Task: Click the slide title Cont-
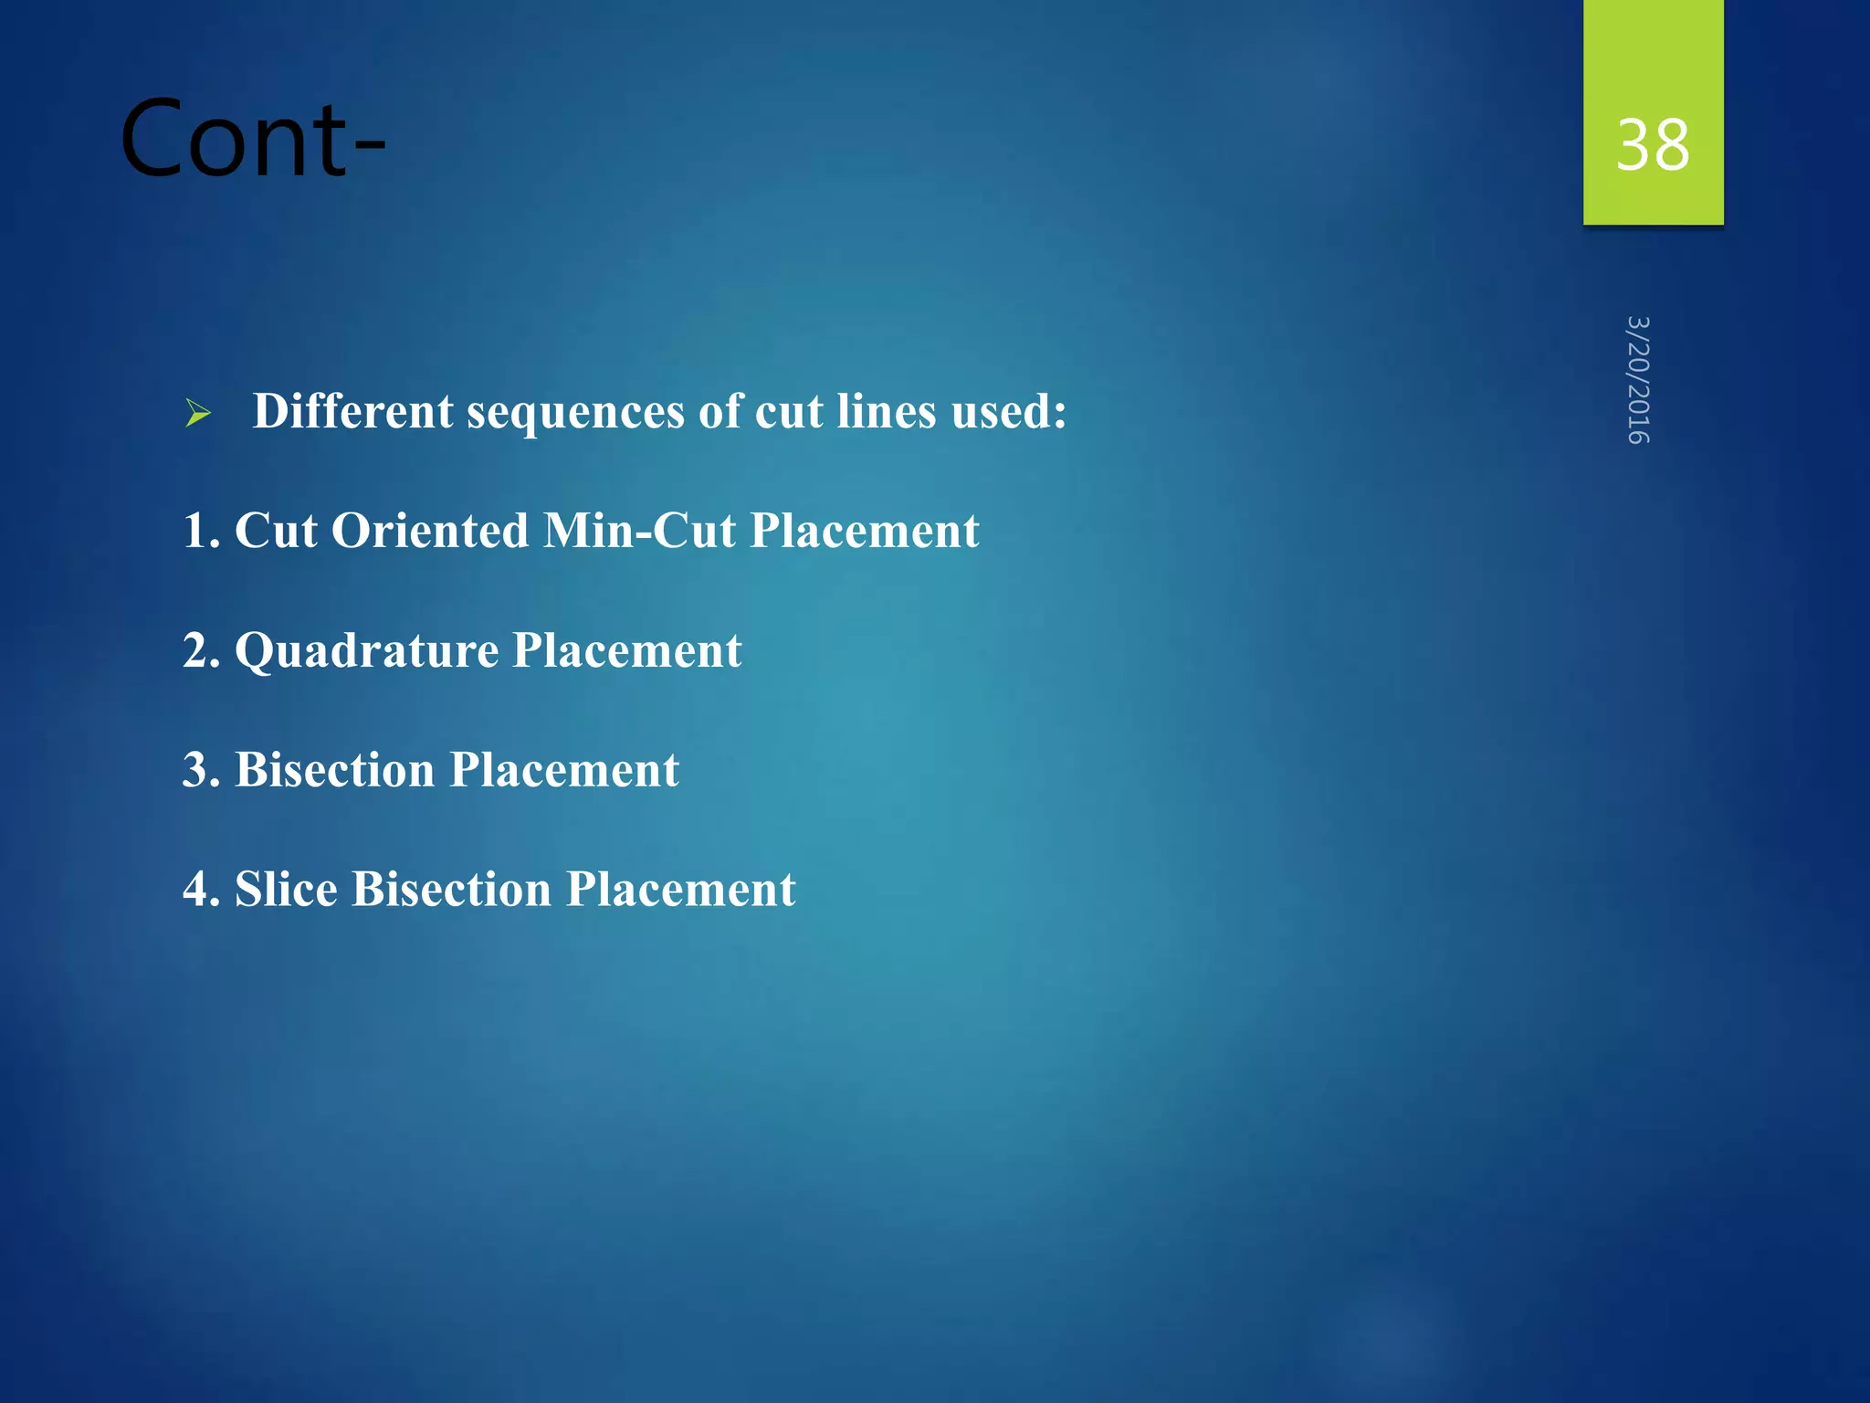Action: (x=253, y=139)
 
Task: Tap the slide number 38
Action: (x=1652, y=145)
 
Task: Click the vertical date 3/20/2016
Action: (x=1638, y=380)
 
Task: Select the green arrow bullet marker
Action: (x=198, y=414)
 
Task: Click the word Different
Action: (x=352, y=411)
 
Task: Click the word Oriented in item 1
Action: (x=429, y=531)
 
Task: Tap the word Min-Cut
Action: (x=639, y=531)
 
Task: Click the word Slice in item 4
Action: (x=286, y=889)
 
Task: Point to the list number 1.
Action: (x=199, y=531)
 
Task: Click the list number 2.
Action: (x=200, y=650)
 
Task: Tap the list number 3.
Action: (x=200, y=770)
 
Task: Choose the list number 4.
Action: (x=200, y=890)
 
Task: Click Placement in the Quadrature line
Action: (x=626, y=650)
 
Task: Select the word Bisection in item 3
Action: (x=334, y=770)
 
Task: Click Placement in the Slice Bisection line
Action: (x=680, y=889)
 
